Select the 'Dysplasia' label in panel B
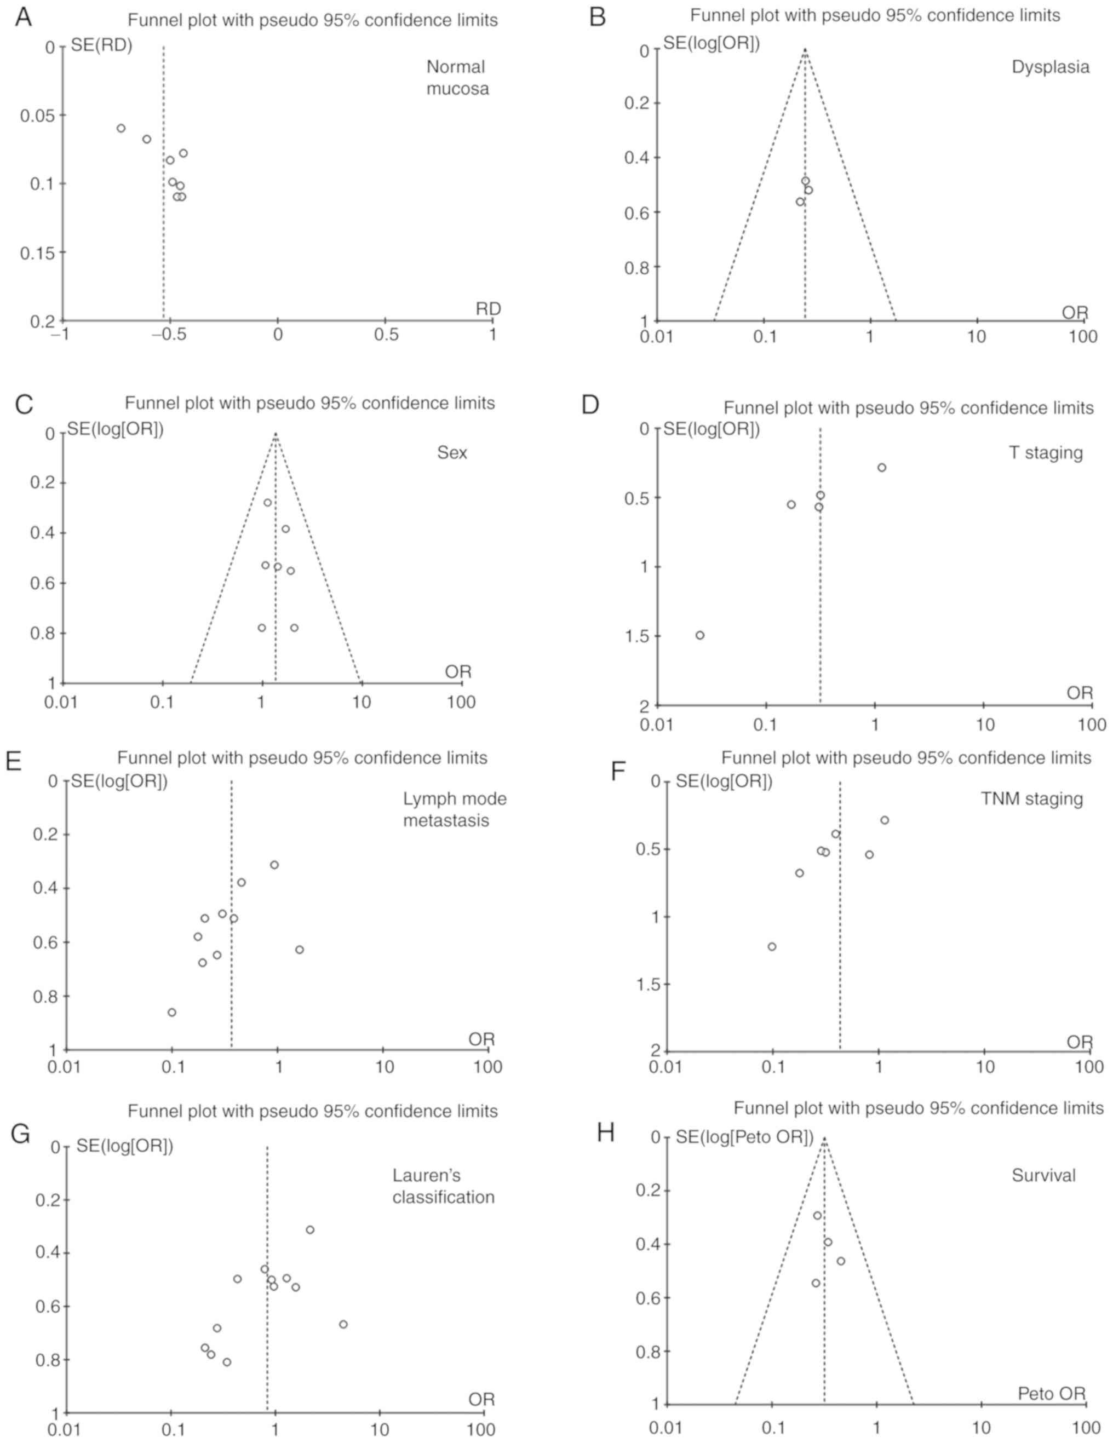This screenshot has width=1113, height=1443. point(1050,67)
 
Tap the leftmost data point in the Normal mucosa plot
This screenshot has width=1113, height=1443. point(121,128)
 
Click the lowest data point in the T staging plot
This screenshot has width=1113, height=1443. point(700,635)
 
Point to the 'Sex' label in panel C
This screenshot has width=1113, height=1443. point(452,452)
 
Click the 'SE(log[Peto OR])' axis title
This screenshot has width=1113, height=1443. point(743,1137)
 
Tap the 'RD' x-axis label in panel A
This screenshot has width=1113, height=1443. point(489,308)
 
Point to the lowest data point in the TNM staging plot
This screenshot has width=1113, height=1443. point(772,947)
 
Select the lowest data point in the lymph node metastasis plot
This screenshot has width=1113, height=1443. point(172,1012)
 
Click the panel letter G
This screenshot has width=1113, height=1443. point(21,1134)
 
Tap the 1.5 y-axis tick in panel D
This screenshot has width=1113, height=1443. point(637,636)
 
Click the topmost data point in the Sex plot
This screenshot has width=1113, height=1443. point(268,502)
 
